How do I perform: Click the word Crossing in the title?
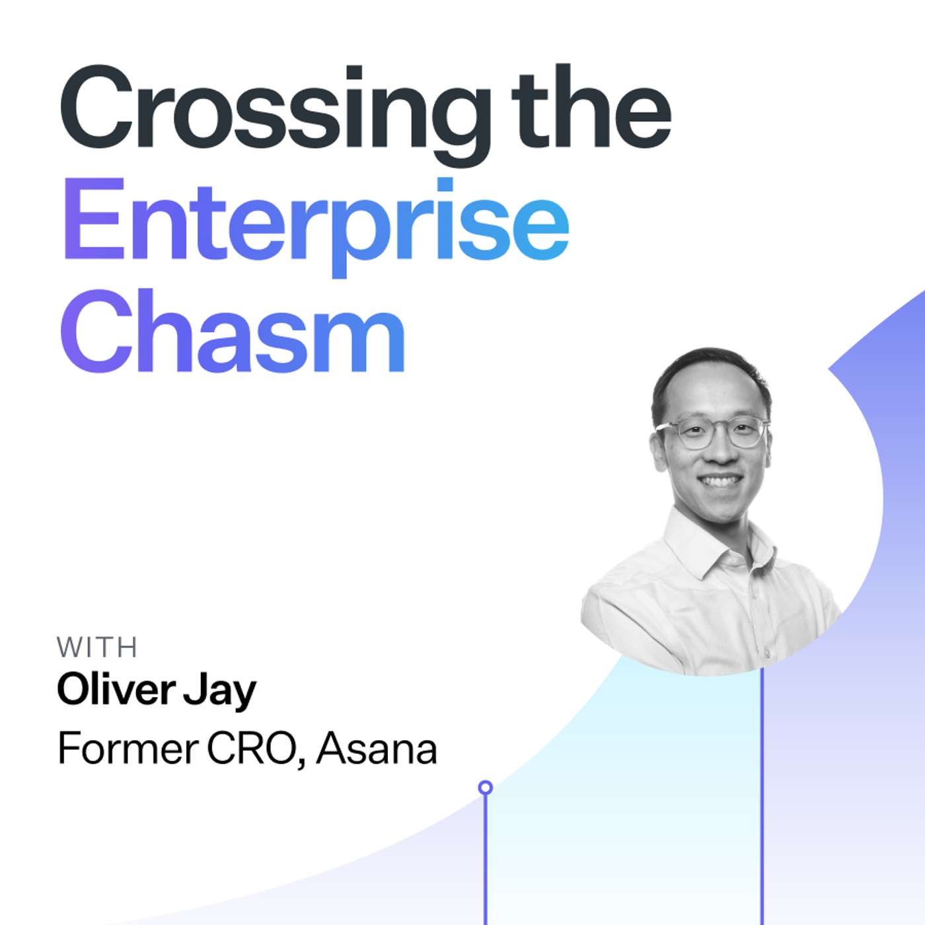coord(274,109)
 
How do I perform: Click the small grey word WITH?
coord(97,647)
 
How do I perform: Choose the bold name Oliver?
coord(115,690)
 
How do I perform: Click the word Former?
coord(128,749)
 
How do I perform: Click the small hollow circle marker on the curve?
coord(486,787)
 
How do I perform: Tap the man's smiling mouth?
coord(720,481)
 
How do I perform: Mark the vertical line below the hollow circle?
coord(486,859)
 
